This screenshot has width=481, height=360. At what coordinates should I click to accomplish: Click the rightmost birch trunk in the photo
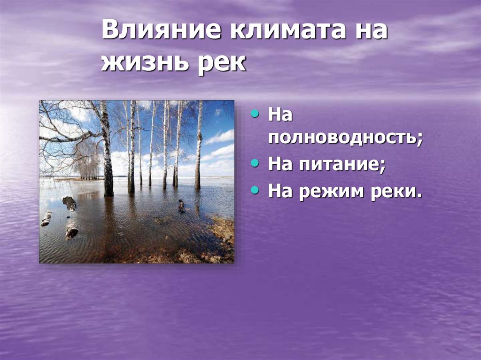(199, 146)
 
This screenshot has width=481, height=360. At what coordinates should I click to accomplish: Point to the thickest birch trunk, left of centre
(107, 155)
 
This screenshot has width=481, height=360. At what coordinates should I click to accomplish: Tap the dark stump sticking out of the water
(70, 203)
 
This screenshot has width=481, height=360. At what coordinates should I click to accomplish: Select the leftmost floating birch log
(46, 219)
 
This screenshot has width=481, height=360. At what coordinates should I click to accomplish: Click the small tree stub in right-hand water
(181, 206)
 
